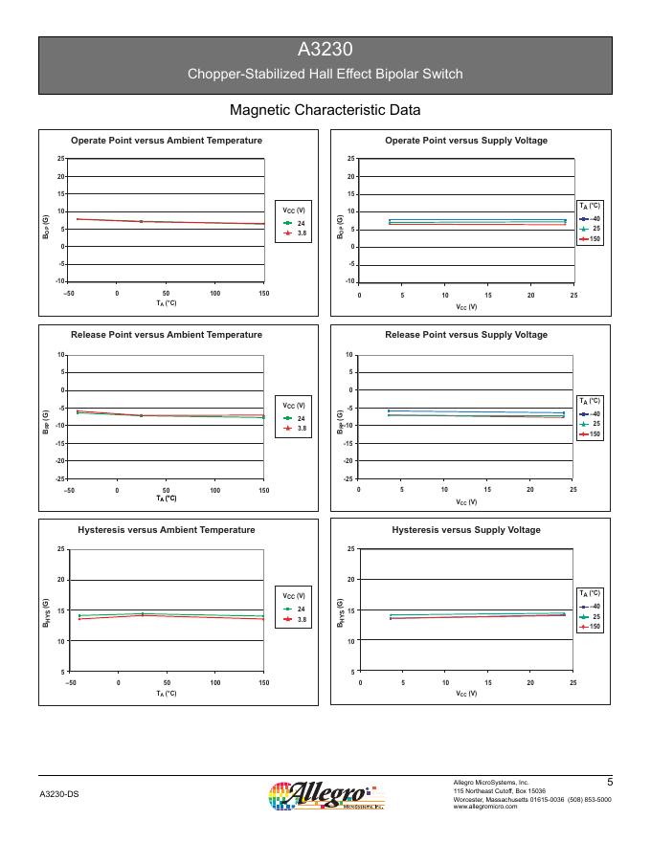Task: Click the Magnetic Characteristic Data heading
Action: [325, 110]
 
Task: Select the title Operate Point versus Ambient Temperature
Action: [167, 141]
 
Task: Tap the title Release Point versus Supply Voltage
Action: [466, 335]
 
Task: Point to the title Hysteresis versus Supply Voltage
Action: [466, 530]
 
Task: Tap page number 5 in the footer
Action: [610, 782]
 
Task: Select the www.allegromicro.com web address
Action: [484, 807]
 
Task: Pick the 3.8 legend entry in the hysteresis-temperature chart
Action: [302, 621]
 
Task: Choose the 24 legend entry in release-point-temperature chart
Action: [302, 418]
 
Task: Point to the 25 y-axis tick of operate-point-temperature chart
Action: [60, 159]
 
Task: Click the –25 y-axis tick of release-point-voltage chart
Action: [349, 478]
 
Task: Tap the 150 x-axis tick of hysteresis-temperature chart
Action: [264, 683]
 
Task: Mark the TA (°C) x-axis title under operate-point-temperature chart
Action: [167, 303]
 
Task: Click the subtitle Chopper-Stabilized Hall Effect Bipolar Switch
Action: [325, 75]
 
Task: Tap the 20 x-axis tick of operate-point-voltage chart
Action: [530, 296]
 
